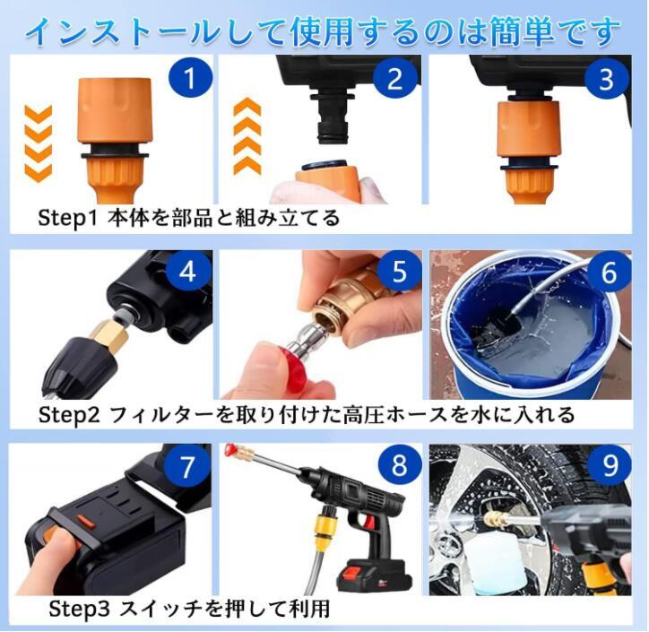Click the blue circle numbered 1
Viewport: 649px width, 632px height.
click(190, 78)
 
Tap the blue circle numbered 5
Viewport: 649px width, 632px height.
click(400, 272)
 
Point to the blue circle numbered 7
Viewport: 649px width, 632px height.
click(186, 466)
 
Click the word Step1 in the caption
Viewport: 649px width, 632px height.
click(67, 218)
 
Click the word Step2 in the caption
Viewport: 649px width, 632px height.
click(69, 415)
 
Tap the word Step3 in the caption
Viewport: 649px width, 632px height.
click(79, 609)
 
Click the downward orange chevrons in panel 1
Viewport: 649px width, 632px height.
click(39, 143)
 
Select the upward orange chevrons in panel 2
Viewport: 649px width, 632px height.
click(247, 136)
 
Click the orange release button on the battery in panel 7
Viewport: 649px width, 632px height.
click(84, 522)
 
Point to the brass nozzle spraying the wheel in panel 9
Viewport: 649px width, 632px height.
click(492, 517)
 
